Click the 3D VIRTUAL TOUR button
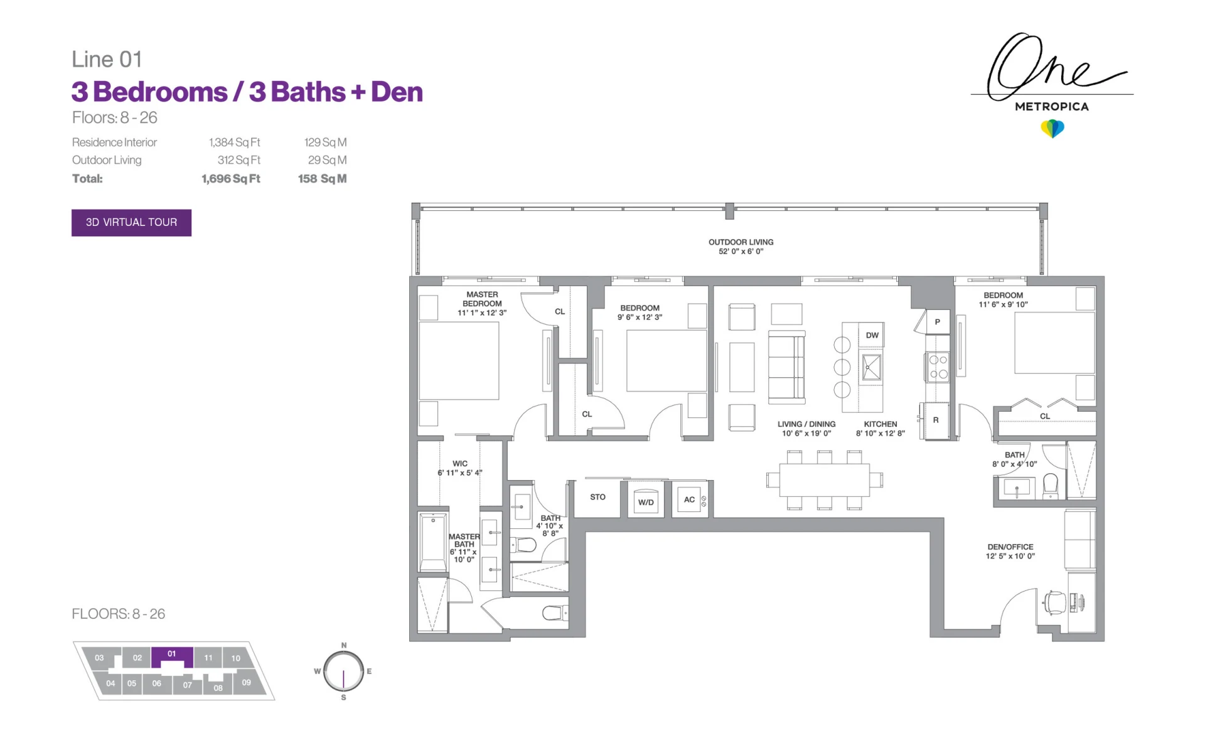click(131, 222)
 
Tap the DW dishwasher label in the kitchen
click(872, 335)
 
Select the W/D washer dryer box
click(646, 501)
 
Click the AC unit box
click(689, 499)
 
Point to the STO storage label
click(597, 497)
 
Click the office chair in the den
click(1054, 602)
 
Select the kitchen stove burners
click(938, 367)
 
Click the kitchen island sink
click(871, 367)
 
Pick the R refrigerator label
click(936, 420)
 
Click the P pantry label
click(938, 322)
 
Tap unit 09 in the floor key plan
click(246, 683)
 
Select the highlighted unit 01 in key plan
click(172, 654)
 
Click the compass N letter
click(343, 645)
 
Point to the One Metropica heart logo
click(1052, 129)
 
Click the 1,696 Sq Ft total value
click(230, 179)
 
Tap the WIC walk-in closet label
click(460, 464)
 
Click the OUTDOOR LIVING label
click(741, 242)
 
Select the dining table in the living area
click(825, 480)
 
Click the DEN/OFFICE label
click(1010, 547)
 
